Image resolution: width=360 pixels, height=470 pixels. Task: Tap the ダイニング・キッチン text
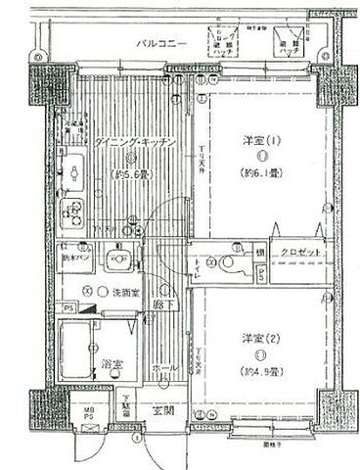136,144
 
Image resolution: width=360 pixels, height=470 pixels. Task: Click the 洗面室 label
118,292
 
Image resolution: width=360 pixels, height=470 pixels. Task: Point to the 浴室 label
111,364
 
